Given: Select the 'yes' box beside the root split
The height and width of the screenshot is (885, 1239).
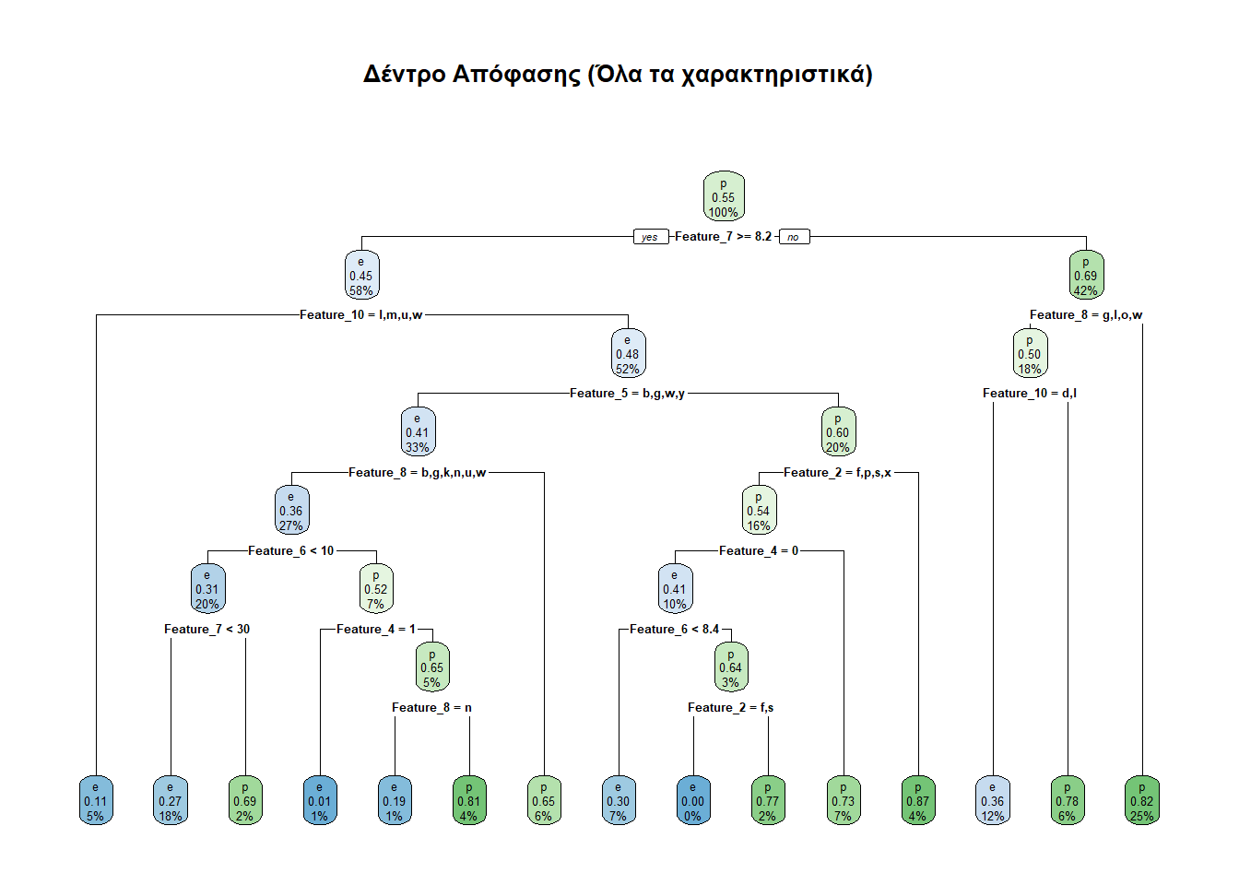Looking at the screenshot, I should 650,237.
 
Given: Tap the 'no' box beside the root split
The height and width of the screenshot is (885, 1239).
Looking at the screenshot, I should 793,237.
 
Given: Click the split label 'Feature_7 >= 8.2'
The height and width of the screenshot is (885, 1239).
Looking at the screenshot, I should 723,237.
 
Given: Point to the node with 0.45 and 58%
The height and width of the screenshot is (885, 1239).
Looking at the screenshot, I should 361,276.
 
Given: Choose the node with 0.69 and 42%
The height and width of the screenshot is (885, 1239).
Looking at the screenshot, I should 1085,276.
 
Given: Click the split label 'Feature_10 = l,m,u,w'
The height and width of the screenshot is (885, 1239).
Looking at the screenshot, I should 361,315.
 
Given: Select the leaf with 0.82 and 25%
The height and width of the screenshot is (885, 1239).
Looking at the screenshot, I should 1141,801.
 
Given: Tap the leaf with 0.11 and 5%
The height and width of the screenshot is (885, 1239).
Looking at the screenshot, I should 96,801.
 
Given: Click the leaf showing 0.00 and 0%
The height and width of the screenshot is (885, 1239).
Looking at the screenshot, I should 692,801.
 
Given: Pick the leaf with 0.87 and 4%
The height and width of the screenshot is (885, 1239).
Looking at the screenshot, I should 917,801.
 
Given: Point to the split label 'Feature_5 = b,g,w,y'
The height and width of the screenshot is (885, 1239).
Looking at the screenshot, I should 627,394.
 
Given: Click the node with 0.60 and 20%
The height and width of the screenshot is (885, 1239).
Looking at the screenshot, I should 837,432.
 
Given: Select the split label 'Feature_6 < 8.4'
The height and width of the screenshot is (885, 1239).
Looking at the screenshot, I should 674,630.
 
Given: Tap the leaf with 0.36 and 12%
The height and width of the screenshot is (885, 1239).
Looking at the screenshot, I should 992,801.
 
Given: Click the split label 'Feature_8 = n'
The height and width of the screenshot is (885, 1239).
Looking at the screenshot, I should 431,708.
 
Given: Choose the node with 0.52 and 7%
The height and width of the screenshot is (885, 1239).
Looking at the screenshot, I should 375,589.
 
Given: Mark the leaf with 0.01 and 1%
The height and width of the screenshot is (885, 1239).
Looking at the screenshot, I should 319,801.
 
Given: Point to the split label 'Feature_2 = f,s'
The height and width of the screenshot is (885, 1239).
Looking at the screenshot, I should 730,708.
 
